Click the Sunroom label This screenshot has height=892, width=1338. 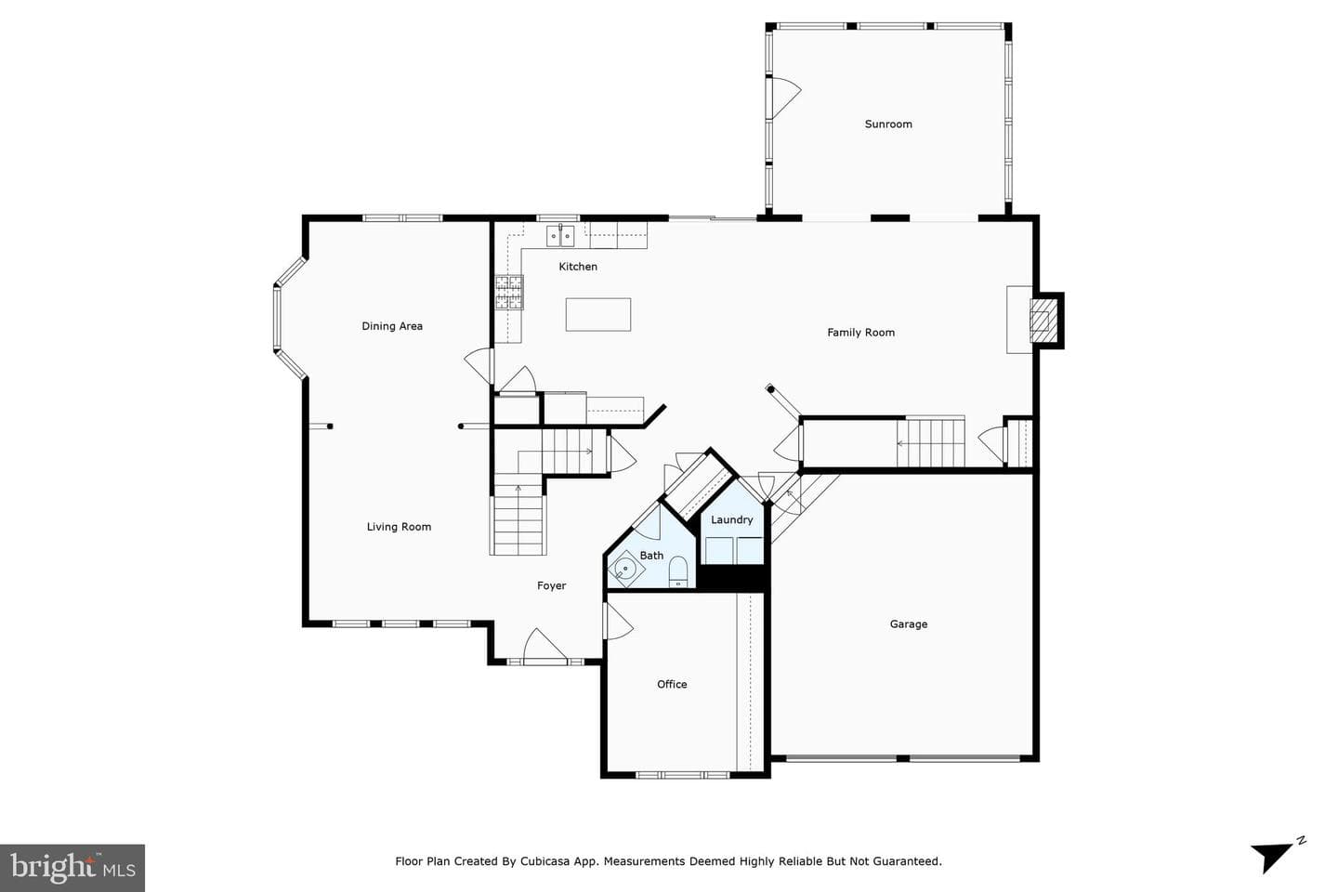pos(888,125)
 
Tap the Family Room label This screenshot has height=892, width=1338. pos(860,333)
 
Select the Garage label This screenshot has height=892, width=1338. pos(909,624)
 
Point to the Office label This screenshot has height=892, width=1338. pos(672,684)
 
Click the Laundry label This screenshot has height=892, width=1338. pos(732,519)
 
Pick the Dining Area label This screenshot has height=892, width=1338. pos(392,326)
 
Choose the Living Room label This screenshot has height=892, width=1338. pos(399,527)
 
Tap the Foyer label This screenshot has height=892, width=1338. pos(551,586)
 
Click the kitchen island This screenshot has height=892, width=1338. pos(598,314)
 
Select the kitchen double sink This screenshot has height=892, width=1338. pos(560,236)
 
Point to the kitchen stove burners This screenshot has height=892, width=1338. pos(509,292)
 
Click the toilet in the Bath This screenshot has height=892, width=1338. pos(678,571)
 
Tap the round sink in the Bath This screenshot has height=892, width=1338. pos(625,569)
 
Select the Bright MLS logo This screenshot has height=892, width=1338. pos(72,868)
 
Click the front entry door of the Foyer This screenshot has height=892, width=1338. pos(544,646)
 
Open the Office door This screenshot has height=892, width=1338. pos(618,622)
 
